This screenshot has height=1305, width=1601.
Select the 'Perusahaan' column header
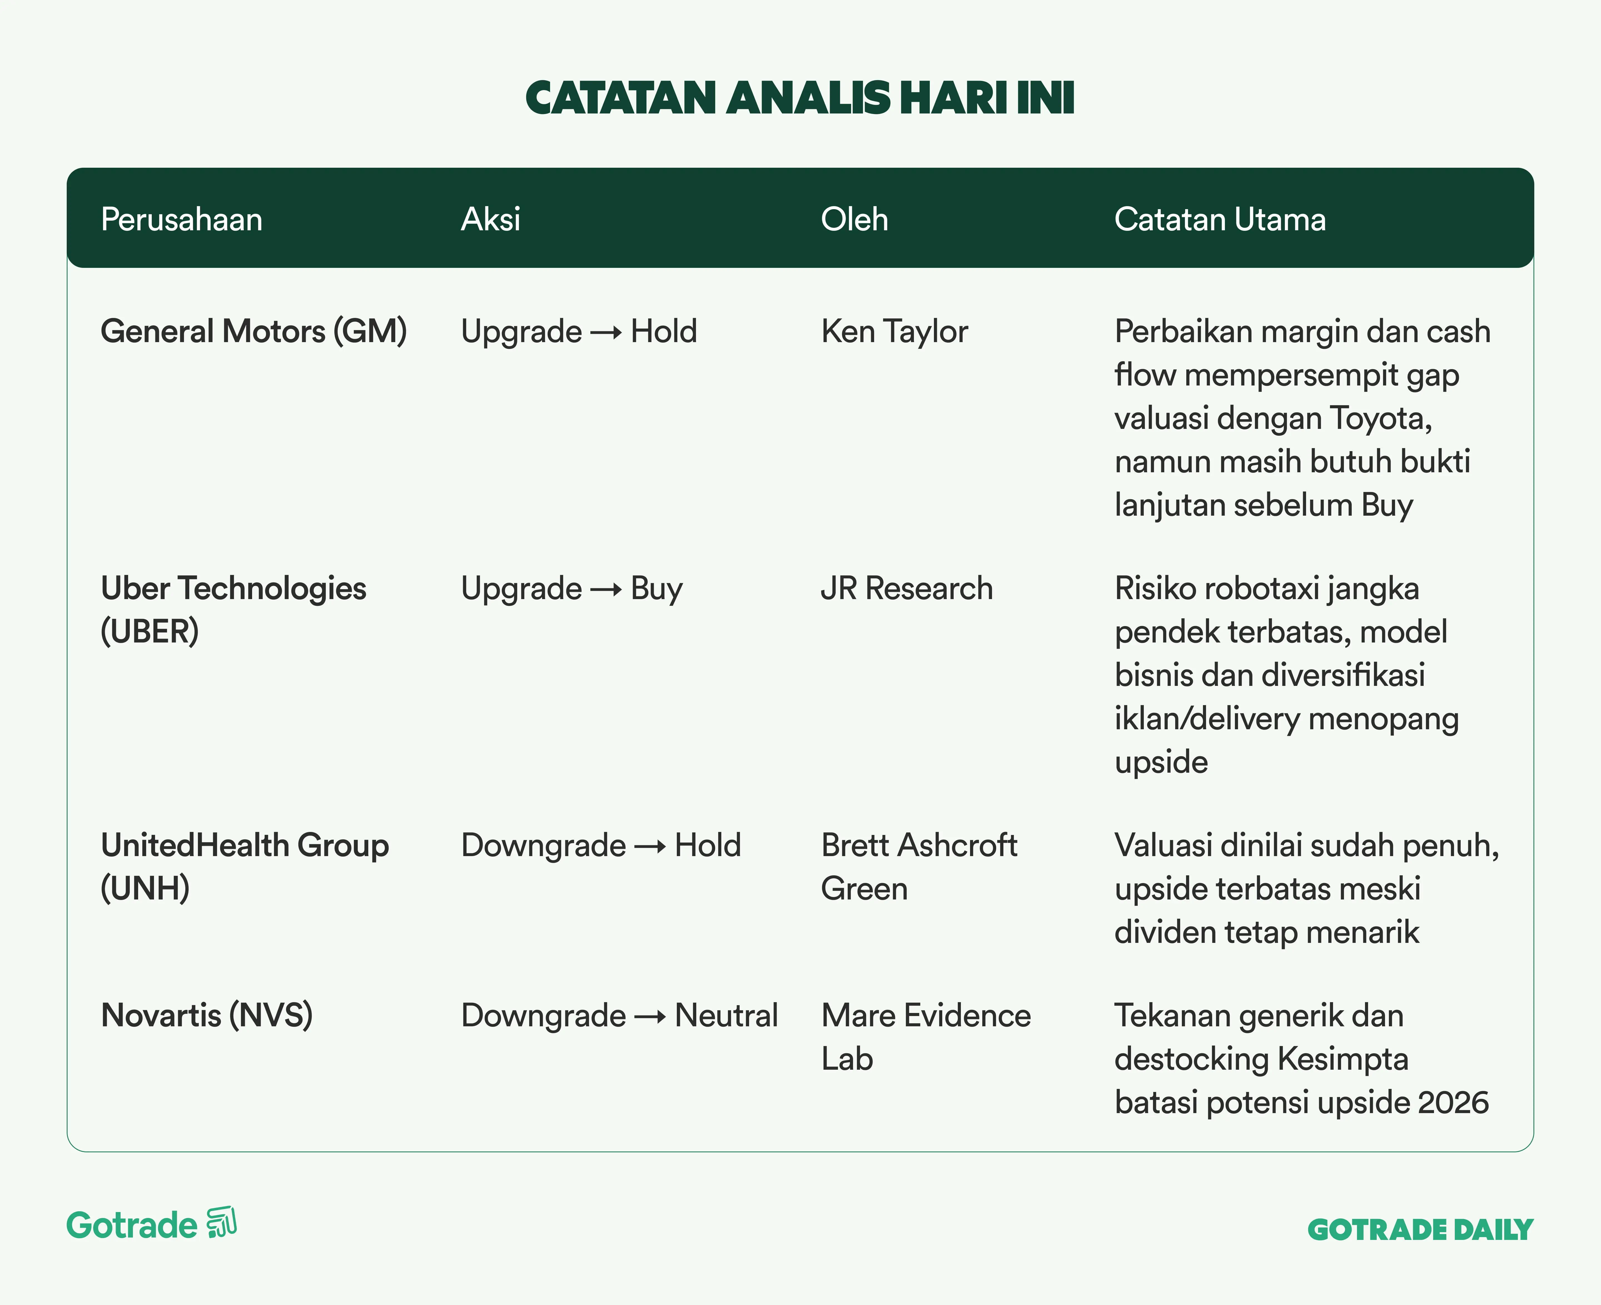pos(182,219)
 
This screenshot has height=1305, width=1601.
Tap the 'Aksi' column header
pos(491,219)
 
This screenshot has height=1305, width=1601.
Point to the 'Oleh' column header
pos(854,219)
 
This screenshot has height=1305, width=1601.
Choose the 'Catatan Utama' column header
pos(1220,219)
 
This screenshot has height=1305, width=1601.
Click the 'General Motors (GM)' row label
pos(254,332)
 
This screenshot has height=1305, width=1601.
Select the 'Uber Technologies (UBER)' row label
pos(234,610)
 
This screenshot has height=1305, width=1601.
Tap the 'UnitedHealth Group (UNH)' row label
pos(245,867)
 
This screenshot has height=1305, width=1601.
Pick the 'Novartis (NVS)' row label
pos(207,1015)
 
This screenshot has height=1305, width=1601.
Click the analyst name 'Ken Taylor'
pos(895,332)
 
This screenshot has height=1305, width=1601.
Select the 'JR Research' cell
pos(907,589)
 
